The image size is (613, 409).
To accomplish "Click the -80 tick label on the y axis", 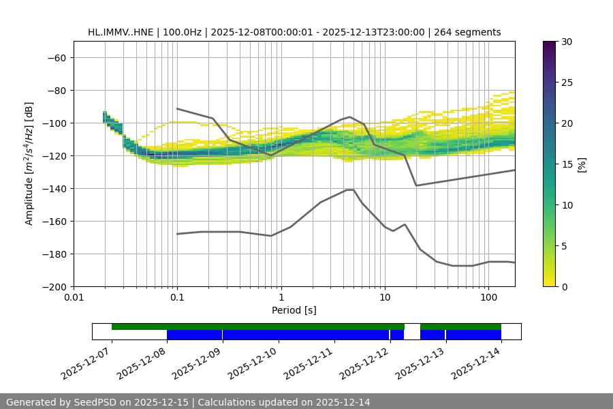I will click(x=55, y=91).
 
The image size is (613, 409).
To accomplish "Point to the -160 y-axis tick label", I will click(x=53, y=222).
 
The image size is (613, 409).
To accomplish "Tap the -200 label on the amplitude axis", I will click(x=53, y=287).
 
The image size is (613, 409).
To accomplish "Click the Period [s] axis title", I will click(x=294, y=311).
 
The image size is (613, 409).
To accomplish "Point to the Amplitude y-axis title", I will click(x=29, y=164).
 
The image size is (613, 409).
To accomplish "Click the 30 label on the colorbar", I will click(x=567, y=42).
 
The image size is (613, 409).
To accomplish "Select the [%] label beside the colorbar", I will click(x=582, y=164).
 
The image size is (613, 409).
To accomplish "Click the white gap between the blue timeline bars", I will click(x=412, y=332).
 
